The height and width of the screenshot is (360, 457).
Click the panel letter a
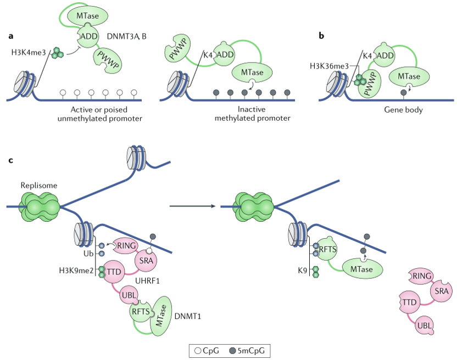pos(11,36)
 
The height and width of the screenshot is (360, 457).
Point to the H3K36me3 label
pos(330,66)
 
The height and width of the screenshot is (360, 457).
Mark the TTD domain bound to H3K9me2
pos(114,272)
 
